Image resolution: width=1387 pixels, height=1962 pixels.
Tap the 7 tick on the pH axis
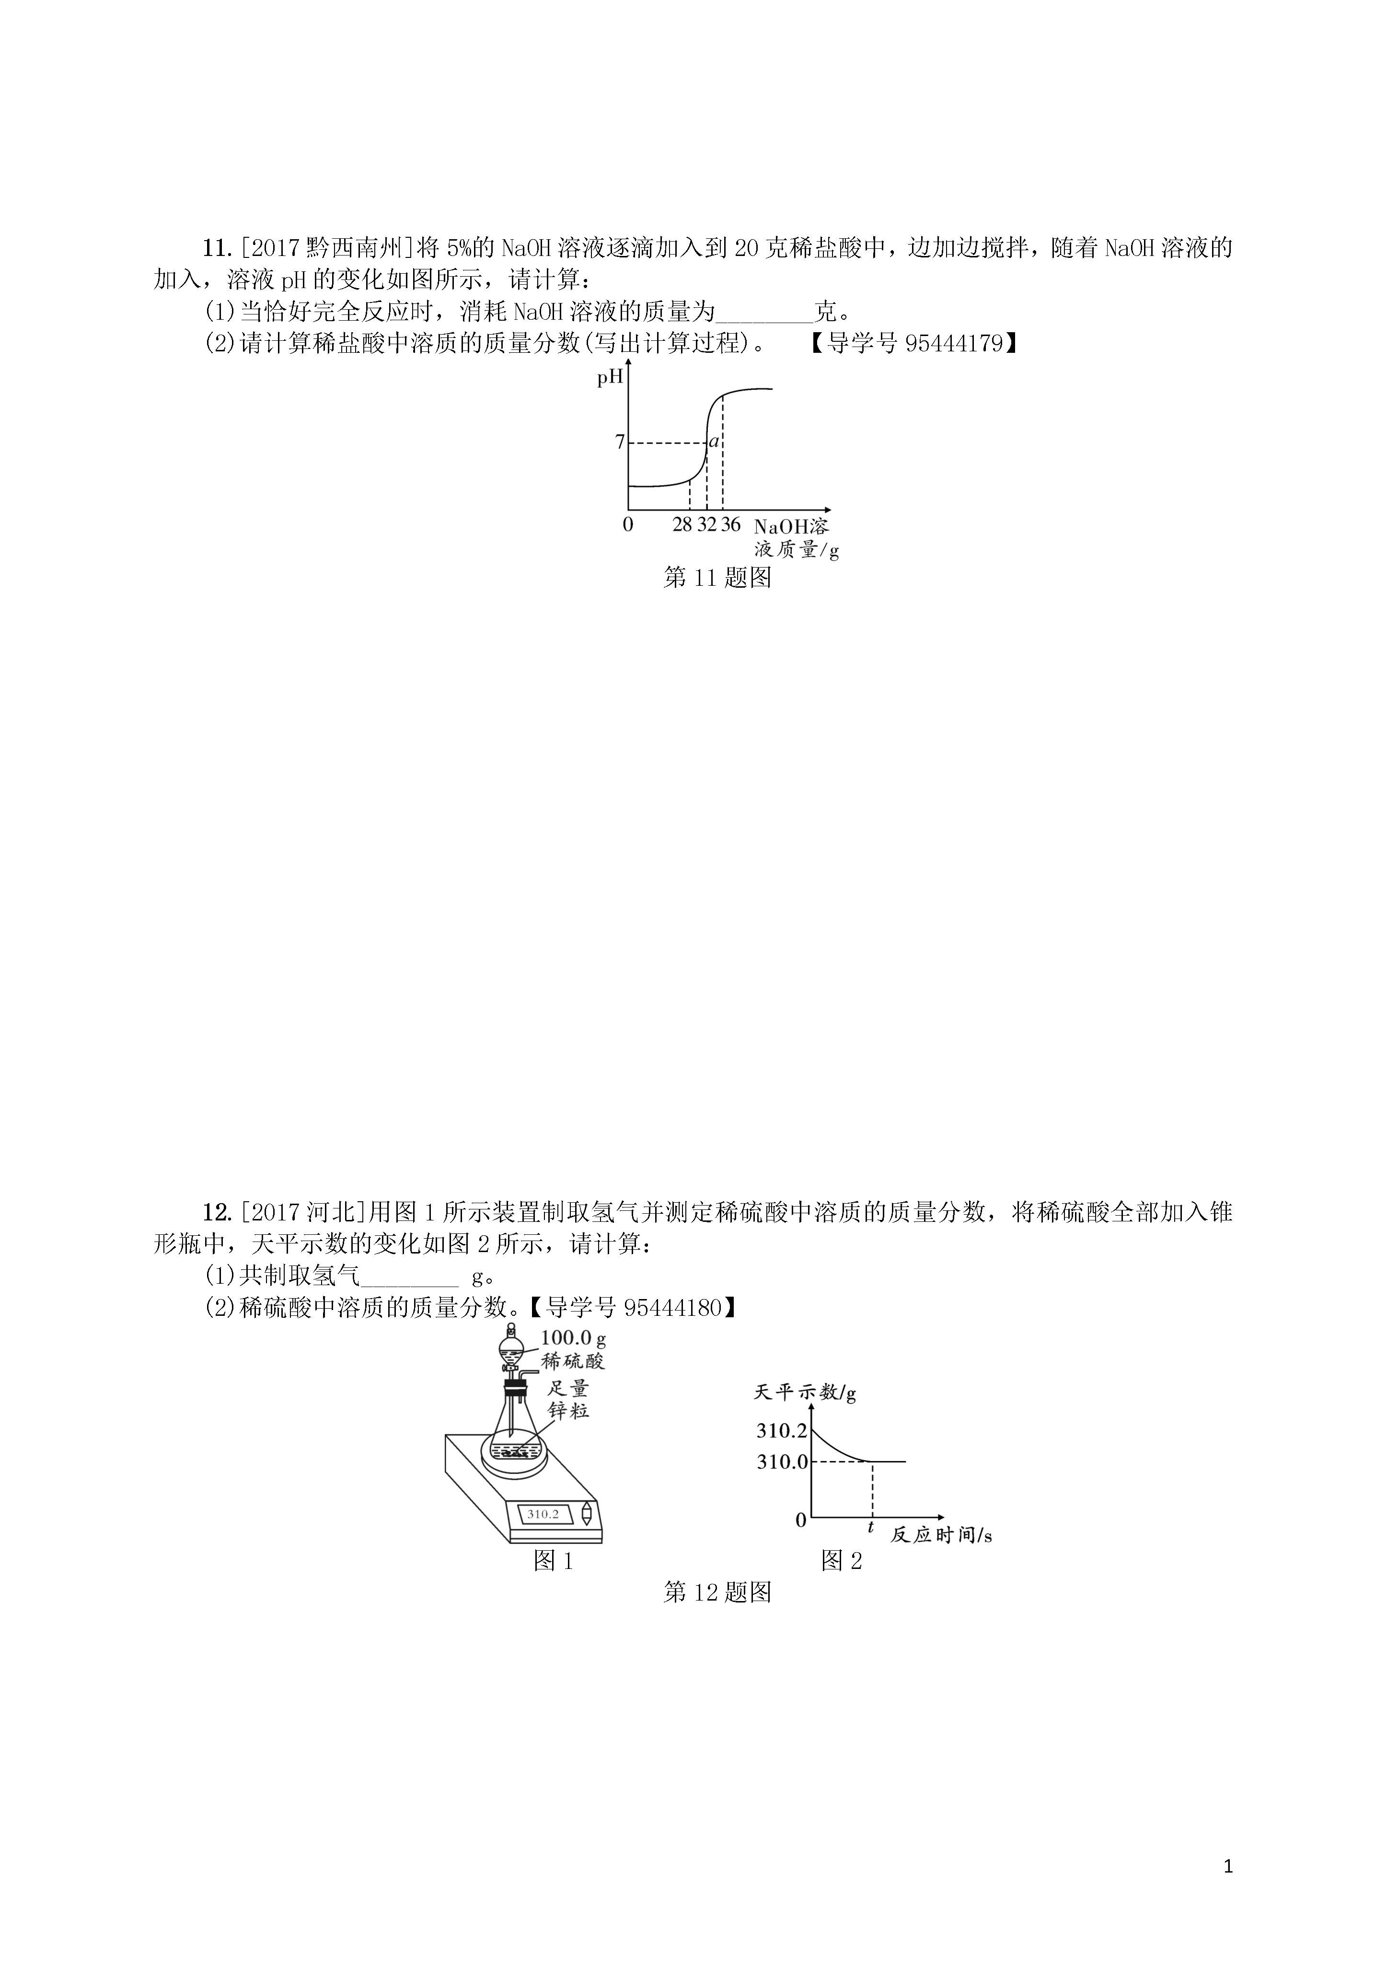tap(620, 442)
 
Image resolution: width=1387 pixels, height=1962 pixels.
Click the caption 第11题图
tap(718, 579)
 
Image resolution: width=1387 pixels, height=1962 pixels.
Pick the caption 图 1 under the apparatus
tap(553, 1561)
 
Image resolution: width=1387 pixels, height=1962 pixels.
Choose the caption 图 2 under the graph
tap(842, 1561)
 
